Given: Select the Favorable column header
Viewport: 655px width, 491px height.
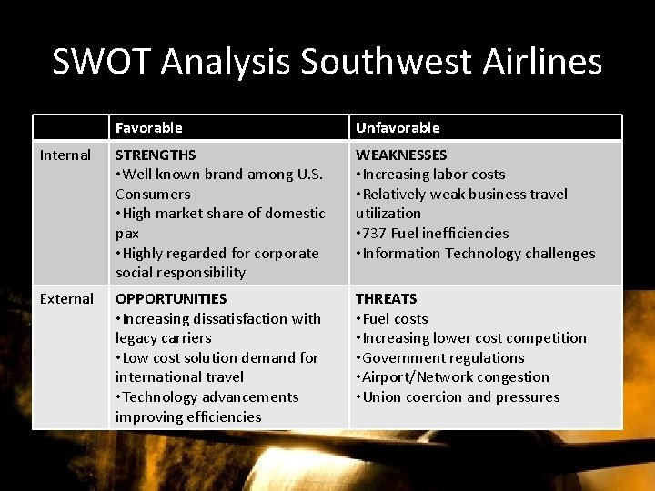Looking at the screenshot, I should click(x=148, y=128).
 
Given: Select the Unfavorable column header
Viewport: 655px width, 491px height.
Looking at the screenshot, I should click(x=398, y=128).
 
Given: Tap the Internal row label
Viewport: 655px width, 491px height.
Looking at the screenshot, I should click(x=65, y=155).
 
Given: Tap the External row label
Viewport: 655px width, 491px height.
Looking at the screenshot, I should click(x=66, y=299).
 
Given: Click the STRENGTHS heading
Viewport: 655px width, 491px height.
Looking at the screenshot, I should click(x=156, y=155).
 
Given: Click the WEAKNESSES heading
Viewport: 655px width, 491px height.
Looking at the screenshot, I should click(x=401, y=155).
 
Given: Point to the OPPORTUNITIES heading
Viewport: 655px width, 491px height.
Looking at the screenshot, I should click(x=170, y=299).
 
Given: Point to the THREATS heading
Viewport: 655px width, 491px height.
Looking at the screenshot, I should click(x=386, y=299).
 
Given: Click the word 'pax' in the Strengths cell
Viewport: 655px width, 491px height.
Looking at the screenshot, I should click(x=127, y=234).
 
